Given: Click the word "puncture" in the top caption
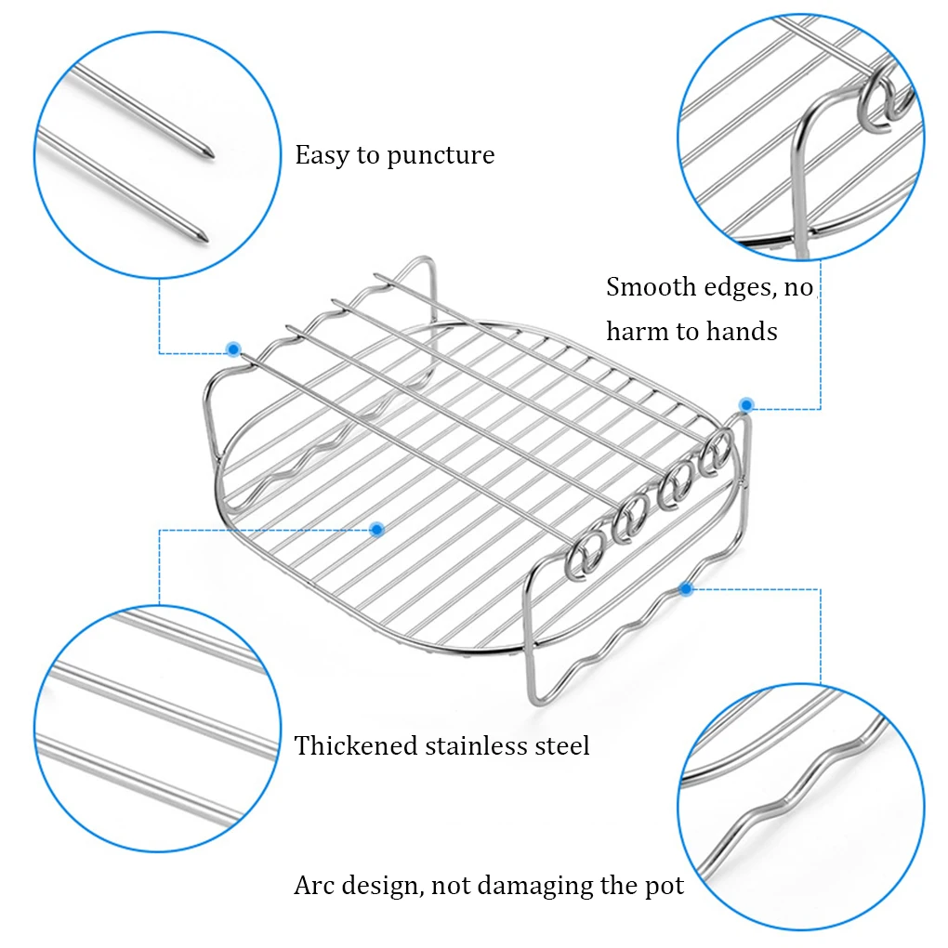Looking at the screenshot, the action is (441, 156).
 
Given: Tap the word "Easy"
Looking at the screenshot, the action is (323, 155).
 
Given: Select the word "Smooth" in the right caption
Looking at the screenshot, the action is (651, 286).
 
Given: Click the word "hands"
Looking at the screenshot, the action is (742, 331).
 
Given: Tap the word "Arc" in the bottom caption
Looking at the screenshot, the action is (314, 886).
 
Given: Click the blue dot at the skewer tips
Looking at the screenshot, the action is (233, 349).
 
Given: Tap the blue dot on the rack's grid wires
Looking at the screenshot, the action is (376, 530).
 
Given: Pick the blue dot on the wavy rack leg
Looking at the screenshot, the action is (686, 588).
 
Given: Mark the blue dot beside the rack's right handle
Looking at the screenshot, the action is (746, 405).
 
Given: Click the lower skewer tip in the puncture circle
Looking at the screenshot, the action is (205, 240).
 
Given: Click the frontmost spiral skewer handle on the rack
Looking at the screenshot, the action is (584, 555).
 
